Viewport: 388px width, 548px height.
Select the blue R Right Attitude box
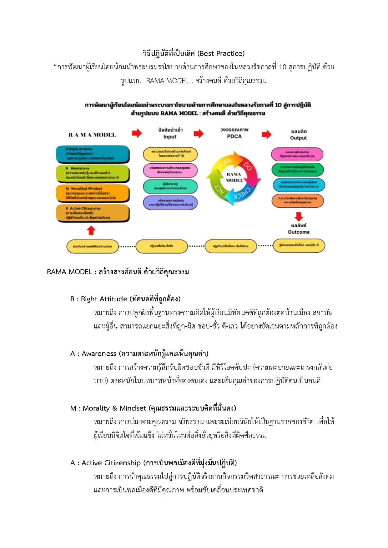click(93, 154)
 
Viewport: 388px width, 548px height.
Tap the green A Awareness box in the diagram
click(93, 173)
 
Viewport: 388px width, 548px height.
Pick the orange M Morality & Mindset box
click(93, 193)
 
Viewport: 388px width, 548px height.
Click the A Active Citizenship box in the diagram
click(93, 213)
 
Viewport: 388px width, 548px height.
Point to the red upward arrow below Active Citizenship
click(91, 230)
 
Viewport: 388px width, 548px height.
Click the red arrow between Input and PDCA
click(199, 134)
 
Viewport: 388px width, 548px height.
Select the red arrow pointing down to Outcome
click(299, 216)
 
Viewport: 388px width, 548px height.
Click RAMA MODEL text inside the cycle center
click(234, 177)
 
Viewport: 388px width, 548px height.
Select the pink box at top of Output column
click(297, 154)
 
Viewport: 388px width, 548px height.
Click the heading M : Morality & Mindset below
click(153, 408)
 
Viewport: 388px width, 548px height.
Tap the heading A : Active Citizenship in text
click(154, 463)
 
